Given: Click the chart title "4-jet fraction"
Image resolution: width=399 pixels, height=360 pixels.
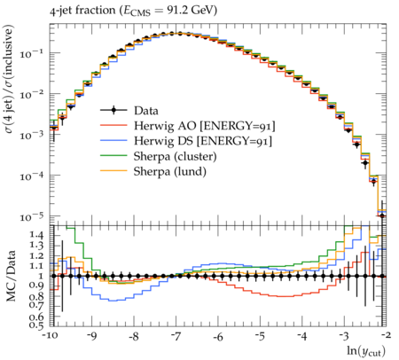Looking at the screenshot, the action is [x=82, y=11].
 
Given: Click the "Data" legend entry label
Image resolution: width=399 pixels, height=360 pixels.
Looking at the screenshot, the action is [x=146, y=111].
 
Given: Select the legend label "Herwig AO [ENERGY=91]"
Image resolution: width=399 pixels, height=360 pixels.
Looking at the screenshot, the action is [x=205, y=126].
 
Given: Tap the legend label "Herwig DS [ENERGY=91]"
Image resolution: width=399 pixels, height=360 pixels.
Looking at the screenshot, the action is [x=203, y=141].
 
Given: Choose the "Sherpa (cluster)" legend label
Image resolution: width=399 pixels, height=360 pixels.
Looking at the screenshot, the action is [x=175, y=156].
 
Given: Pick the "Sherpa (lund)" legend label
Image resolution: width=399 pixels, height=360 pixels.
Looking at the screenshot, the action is [x=170, y=171].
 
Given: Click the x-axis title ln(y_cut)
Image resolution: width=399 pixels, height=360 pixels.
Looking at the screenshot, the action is [x=366, y=351].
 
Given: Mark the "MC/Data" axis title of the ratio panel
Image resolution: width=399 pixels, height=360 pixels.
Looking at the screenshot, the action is [x=11, y=276].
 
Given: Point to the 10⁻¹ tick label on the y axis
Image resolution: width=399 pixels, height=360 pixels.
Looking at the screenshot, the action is [x=31, y=54].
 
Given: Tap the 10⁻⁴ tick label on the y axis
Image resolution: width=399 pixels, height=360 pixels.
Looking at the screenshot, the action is [x=31, y=176].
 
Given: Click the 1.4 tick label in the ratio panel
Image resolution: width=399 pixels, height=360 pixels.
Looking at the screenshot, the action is [x=37, y=236].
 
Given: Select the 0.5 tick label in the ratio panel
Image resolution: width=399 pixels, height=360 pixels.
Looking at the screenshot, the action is [x=37, y=325].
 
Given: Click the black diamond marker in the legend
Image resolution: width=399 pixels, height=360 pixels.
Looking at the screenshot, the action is [x=113, y=111].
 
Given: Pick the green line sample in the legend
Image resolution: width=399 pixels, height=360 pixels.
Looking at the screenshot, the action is [x=113, y=156].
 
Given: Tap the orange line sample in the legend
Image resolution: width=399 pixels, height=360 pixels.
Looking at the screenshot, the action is [x=113, y=171].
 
